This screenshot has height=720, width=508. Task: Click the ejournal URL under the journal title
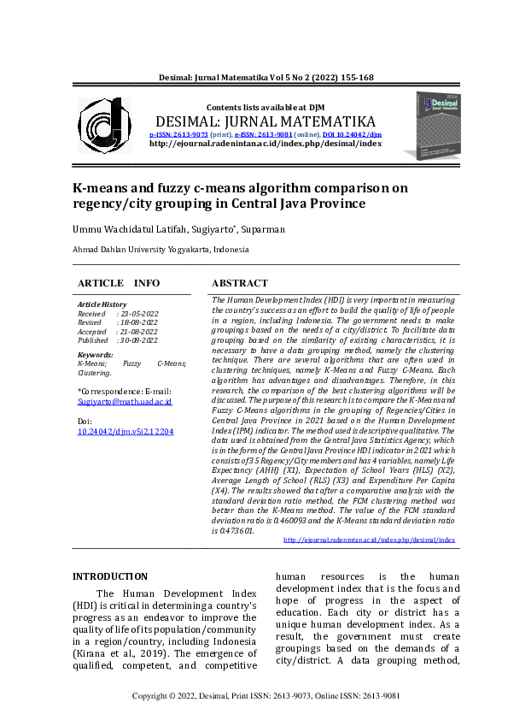(265, 144)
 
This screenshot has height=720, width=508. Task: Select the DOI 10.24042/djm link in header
(352, 134)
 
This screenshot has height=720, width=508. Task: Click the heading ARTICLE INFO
(119, 283)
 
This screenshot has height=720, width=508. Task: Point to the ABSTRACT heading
(239, 283)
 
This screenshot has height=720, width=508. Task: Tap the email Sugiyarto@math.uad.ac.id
(125, 400)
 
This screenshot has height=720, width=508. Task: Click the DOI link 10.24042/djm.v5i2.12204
(125, 432)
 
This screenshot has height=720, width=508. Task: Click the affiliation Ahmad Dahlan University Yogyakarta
(161, 250)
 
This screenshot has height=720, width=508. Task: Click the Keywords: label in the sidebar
(95, 354)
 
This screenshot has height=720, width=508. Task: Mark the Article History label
(102, 304)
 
